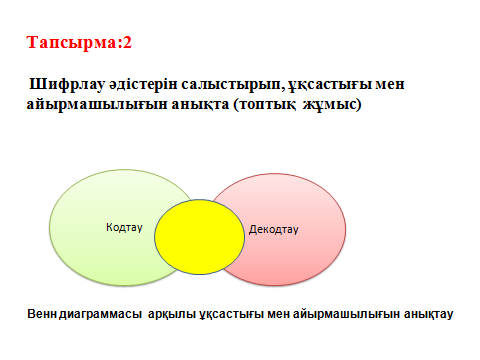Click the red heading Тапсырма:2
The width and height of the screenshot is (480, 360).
tap(79, 43)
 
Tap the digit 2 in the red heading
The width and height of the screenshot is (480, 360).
tap(127, 43)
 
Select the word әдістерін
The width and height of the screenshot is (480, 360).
tap(143, 84)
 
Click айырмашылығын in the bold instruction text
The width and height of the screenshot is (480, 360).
tap(97, 105)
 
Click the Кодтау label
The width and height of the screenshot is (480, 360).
tap(124, 227)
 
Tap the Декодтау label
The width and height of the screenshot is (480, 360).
tap(274, 230)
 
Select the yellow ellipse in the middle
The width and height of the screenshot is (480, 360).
tap(199, 237)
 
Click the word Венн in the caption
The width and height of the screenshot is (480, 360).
tap(42, 314)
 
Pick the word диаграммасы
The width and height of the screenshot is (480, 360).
tap(100, 315)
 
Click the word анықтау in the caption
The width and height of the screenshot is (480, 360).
tap(429, 315)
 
